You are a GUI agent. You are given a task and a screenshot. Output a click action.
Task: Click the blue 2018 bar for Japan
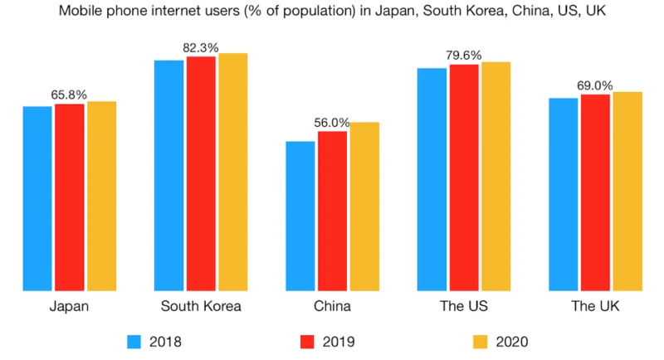click(x=37, y=199)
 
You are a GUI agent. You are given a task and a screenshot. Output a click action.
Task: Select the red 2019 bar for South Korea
click(x=200, y=174)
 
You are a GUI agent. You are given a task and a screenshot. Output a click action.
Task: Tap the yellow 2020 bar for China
click(x=364, y=207)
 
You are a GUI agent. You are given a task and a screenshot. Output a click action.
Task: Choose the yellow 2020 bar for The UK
click(x=627, y=192)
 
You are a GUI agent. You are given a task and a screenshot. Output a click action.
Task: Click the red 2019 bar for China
click(x=332, y=212)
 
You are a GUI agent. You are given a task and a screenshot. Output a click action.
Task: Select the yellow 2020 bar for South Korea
click(x=233, y=173)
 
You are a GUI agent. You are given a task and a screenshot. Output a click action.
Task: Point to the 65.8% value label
click(x=70, y=95)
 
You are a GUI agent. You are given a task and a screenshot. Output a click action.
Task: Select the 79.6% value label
click(x=464, y=56)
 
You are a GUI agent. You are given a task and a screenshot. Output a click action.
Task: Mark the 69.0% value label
click(x=595, y=85)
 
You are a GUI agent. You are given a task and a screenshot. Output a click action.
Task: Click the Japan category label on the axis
click(x=70, y=307)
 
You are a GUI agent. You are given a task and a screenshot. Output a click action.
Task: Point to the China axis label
click(x=332, y=307)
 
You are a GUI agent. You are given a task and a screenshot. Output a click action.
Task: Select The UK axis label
click(x=595, y=307)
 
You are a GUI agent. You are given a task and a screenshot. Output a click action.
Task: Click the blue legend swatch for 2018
click(x=136, y=341)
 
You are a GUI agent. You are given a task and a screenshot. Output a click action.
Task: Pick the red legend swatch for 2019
click(x=306, y=341)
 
